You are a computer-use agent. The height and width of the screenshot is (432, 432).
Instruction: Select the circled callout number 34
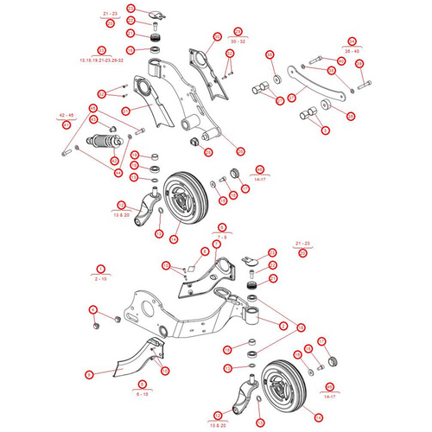352,41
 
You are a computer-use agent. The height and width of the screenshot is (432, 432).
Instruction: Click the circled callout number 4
92,309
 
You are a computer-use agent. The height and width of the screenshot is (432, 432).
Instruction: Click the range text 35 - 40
352,51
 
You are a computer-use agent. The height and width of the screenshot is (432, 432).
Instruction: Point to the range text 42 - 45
67,116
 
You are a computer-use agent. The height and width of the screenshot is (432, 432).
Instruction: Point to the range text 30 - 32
238,41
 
